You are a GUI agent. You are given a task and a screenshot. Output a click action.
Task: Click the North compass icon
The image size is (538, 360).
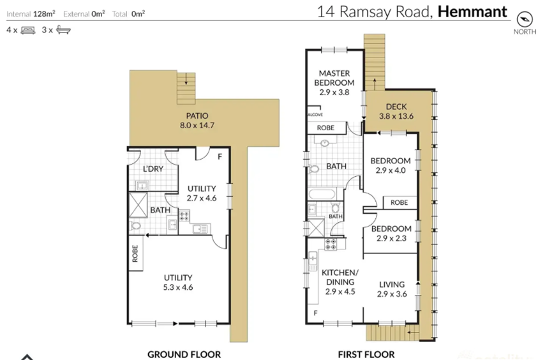pyautogui.click(x=524, y=17)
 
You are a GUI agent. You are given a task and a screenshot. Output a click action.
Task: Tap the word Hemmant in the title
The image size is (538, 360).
pyautogui.click(x=473, y=11)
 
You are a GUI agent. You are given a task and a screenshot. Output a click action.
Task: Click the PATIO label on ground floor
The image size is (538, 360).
pyautogui.click(x=195, y=116)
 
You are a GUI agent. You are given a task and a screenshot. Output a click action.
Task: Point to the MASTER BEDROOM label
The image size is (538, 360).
pyautogui.click(x=336, y=78)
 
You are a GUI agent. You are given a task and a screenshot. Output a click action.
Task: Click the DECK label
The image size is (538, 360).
pyautogui.click(x=396, y=107)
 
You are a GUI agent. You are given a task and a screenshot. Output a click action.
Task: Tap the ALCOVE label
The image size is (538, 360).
pyautogui.click(x=315, y=115)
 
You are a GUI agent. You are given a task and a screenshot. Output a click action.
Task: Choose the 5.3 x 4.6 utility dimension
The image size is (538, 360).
pyautogui.click(x=178, y=287)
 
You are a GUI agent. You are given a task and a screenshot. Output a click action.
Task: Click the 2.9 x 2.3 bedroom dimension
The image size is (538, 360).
pyautogui.click(x=391, y=238)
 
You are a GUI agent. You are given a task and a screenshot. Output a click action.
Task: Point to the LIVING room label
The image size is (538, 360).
pyautogui.click(x=391, y=285)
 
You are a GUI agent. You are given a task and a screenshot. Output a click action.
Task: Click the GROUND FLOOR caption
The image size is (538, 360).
pyautogui.click(x=184, y=354)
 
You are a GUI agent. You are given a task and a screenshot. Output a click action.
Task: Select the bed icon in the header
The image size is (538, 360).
pyautogui.click(x=28, y=29)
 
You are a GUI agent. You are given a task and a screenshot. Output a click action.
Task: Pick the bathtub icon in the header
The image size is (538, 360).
pyautogui.click(x=63, y=29)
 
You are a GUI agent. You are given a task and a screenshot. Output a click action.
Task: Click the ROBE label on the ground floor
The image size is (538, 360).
pyautogui.click(x=135, y=254)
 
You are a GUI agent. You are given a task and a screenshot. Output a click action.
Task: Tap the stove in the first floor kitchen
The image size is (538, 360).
pyautogui.click(x=331, y=243)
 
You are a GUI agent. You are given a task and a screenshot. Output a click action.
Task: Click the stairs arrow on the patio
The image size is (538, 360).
pyautogui.click(x=186, y=80)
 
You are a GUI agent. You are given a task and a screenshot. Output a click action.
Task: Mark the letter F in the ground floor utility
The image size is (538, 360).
pyautogui.click(x=220, y=156)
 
